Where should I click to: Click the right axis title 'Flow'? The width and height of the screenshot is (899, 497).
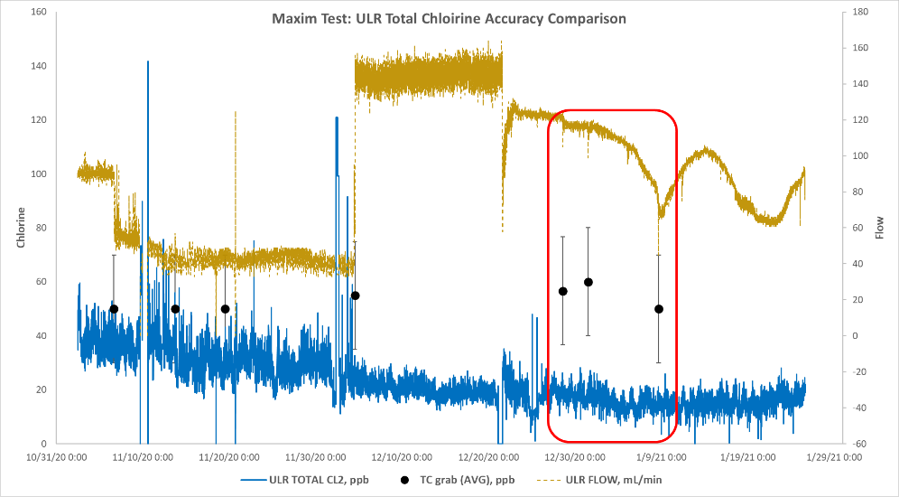click(880, 227)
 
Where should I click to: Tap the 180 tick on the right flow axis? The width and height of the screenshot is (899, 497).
click(860, 13)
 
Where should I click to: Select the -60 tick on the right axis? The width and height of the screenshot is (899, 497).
click(860, 444)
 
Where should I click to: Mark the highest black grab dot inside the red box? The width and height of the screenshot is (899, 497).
click(588, 282)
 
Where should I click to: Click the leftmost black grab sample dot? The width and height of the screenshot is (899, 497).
click(114, 309)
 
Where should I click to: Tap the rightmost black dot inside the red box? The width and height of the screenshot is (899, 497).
click(658, 309)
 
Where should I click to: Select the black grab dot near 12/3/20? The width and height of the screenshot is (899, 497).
click(356, 295)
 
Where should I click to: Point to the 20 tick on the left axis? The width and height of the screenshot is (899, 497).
click(41, 389)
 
